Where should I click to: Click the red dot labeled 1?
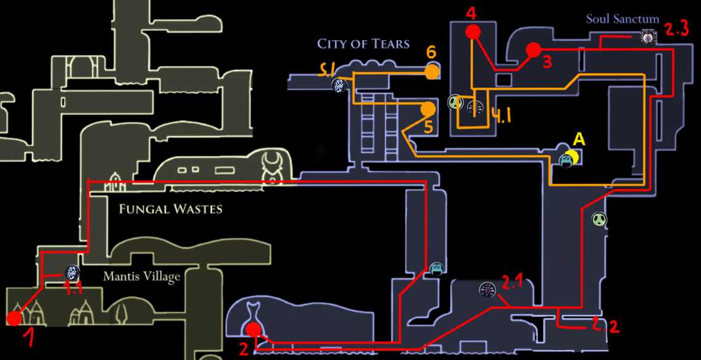click(x=14, y=319)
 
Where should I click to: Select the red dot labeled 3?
click(x=533, y=49)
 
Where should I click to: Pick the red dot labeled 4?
click(x=473, y=31)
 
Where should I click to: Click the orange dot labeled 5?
click(x=428, y=109)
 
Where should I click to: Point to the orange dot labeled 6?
click(x=432, y=72)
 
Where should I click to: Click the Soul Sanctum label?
click(x=623, y=19)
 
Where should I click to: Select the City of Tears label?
click(x=363, y=44)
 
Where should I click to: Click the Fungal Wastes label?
click(x=170, y=209)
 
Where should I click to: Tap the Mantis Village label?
click(x=142, y=276)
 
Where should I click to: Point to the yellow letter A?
click(x=579, y=140)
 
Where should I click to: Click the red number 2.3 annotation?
click(x=677, y=30)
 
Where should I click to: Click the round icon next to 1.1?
click(x=72, y=272)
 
